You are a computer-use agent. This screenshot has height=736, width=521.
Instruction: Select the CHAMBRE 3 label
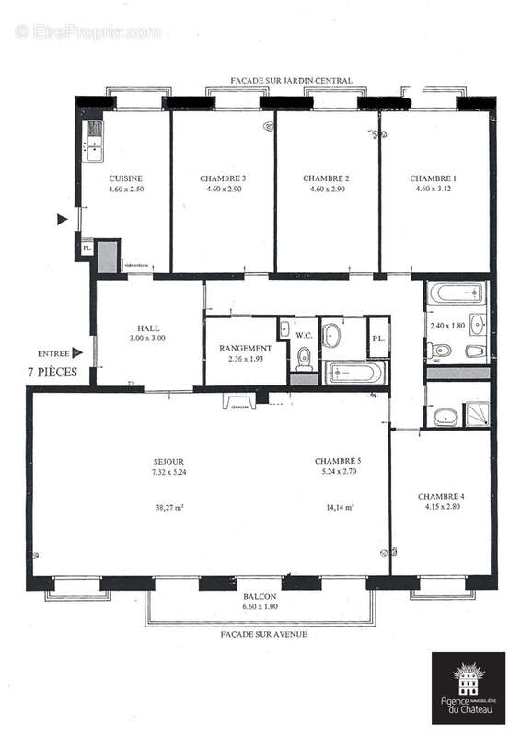click(223, 178)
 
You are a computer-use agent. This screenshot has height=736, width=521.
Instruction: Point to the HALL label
click(148, 327)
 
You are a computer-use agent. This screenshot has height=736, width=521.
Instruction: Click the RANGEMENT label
click(245, 349)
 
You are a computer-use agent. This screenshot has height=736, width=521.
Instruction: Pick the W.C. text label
click(304, 335)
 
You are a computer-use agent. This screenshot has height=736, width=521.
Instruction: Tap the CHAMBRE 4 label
click(441, 497)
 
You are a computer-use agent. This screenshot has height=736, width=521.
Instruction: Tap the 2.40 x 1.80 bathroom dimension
click(445, 326)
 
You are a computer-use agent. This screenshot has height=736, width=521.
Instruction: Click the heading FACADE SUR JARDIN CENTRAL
click(293, 81)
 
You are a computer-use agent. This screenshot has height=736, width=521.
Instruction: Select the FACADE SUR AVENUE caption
click(263, 635)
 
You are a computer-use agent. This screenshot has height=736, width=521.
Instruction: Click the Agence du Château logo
click(469, 686)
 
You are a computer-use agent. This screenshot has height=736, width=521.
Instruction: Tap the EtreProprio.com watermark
click(87, 31)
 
